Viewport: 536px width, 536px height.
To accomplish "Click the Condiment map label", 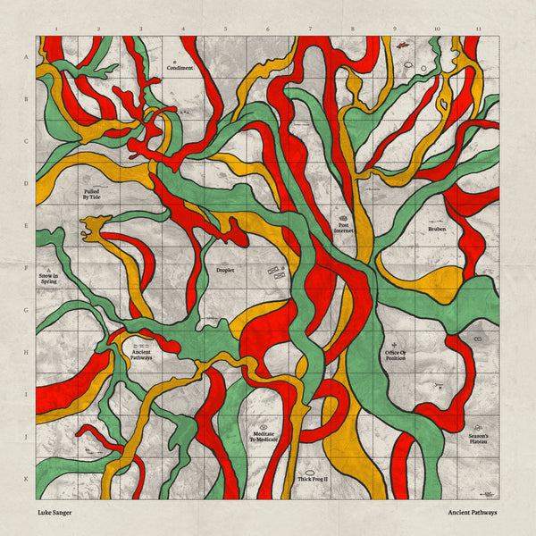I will pos(180,68).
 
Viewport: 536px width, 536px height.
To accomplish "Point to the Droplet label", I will pos(225,269).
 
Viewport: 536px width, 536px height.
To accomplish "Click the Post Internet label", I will pos(344,228).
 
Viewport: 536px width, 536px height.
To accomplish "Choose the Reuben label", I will pos(436,229).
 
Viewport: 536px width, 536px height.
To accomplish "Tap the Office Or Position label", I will pos(396,356).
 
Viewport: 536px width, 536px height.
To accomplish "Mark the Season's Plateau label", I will pos(476,440).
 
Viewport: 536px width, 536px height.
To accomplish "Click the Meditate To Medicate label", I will pos(264,438).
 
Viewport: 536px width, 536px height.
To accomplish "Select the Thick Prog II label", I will pos(313,480).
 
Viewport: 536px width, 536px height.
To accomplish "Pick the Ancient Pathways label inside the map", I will pos(141,355).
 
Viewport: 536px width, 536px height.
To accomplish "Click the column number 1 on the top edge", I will pos(56,29).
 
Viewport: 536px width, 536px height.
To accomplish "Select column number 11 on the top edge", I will pos(479,29).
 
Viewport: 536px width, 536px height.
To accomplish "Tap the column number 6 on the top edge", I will pos(267,29).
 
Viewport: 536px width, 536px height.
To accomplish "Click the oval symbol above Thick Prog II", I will pos(312,469).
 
